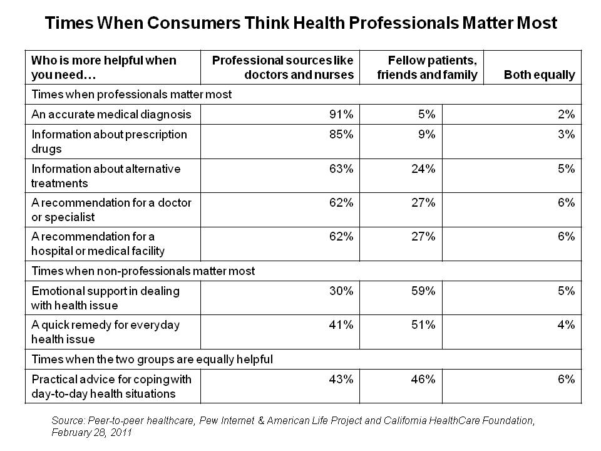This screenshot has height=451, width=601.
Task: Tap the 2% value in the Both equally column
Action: click(x=566, y=115)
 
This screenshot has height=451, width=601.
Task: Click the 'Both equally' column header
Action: click(x=539, y=75)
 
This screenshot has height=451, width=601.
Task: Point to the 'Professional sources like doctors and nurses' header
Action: click(x=283, y=68)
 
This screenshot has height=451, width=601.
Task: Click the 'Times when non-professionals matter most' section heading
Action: click(x=143, y=271)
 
